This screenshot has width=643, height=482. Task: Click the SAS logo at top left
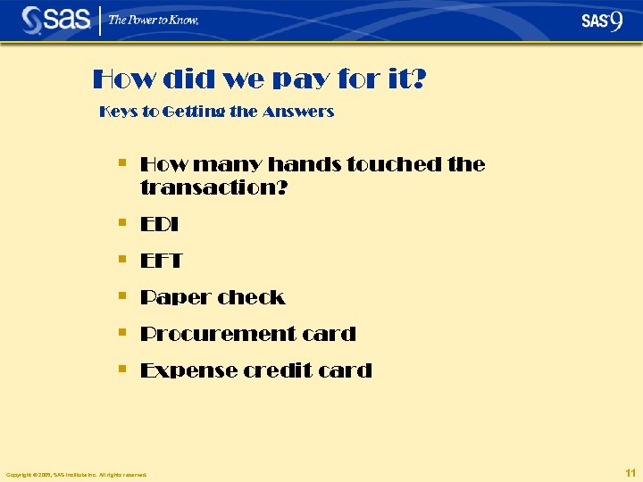tap(55, 19)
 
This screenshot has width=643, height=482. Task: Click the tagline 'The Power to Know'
tap(154, 20)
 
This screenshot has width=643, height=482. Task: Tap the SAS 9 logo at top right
tap(602, 21)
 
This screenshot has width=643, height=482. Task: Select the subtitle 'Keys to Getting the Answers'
tap(217, 112)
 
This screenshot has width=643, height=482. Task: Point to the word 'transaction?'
tap(214, 188)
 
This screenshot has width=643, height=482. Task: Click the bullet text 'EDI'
tap(160, 225)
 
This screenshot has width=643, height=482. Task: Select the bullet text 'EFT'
tap(162, 262)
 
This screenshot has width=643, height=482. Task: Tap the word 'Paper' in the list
tap(175, 297)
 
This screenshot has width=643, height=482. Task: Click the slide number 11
tap(630, 472)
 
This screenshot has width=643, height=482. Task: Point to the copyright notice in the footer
tap(76, 474)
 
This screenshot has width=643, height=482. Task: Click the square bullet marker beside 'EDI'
tap(122, 222)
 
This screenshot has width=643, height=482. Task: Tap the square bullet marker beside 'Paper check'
tap(122, 295)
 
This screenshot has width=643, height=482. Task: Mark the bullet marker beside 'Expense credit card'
tap(122, 367)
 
